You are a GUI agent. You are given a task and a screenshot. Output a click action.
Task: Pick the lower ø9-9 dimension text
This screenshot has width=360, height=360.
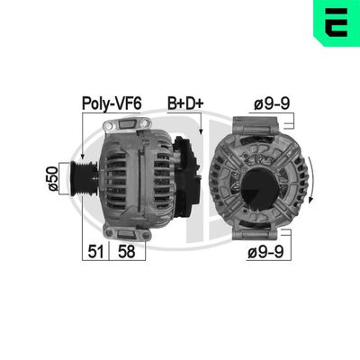pos(266,254)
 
